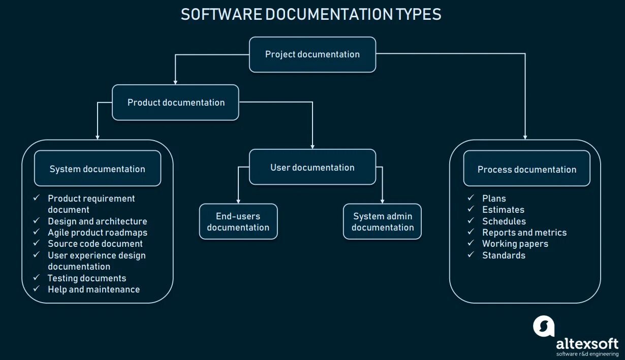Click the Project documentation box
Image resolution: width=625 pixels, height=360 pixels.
(x=312, y=54)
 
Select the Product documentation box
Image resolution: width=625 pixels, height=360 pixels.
(x=175, y=103)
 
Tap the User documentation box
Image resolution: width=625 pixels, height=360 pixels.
(x=312, y=168)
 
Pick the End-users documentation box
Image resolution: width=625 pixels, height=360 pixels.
(x=238, y=222)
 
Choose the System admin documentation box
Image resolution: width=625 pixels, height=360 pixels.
(x=382, y=222)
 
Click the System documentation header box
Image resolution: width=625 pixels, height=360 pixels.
(x=97, y=169)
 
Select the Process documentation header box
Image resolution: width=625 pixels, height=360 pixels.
(x=526, y=169)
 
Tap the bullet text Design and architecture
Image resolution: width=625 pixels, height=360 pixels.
(x=97, y=221)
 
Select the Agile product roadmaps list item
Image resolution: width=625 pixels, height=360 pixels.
(x=97, y=233)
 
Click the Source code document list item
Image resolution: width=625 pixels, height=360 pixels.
(x=95, y=244)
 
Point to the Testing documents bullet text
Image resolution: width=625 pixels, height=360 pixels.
(x=86, y=278)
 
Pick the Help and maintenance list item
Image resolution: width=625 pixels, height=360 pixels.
(x=93, y=289)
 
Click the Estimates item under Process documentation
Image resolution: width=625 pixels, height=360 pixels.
(x=503, y=210)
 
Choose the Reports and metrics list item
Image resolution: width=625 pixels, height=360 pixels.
(x=524, y=233)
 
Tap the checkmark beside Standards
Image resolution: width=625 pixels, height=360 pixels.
(x=471, y=255)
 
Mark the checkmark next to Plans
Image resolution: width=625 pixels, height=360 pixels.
(x=471, y=198)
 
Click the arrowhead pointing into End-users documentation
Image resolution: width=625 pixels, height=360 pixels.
(x=238, y=201)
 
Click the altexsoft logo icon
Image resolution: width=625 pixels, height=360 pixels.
(x=543, y=326)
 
